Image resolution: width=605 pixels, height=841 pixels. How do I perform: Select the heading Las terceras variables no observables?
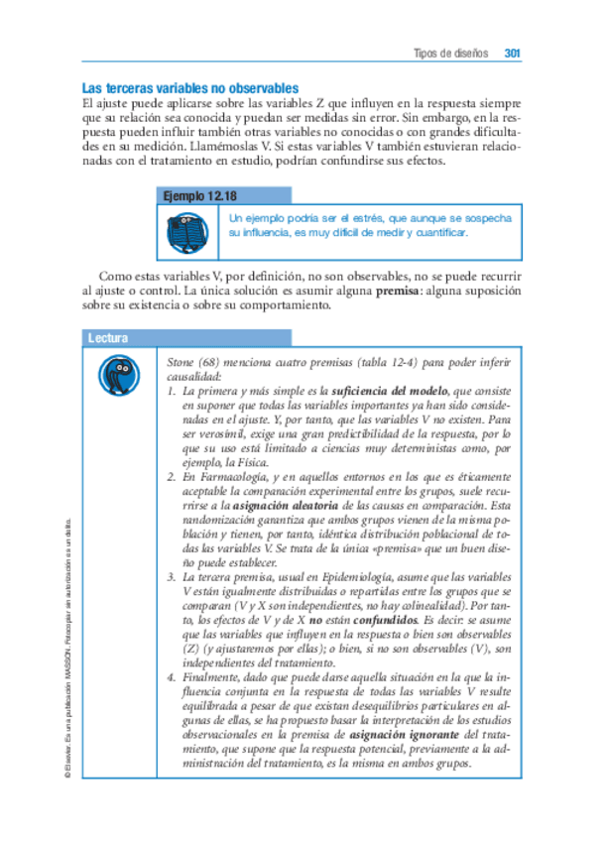pos(189,87)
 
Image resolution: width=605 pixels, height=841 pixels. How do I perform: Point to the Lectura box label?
pos(108,338)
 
